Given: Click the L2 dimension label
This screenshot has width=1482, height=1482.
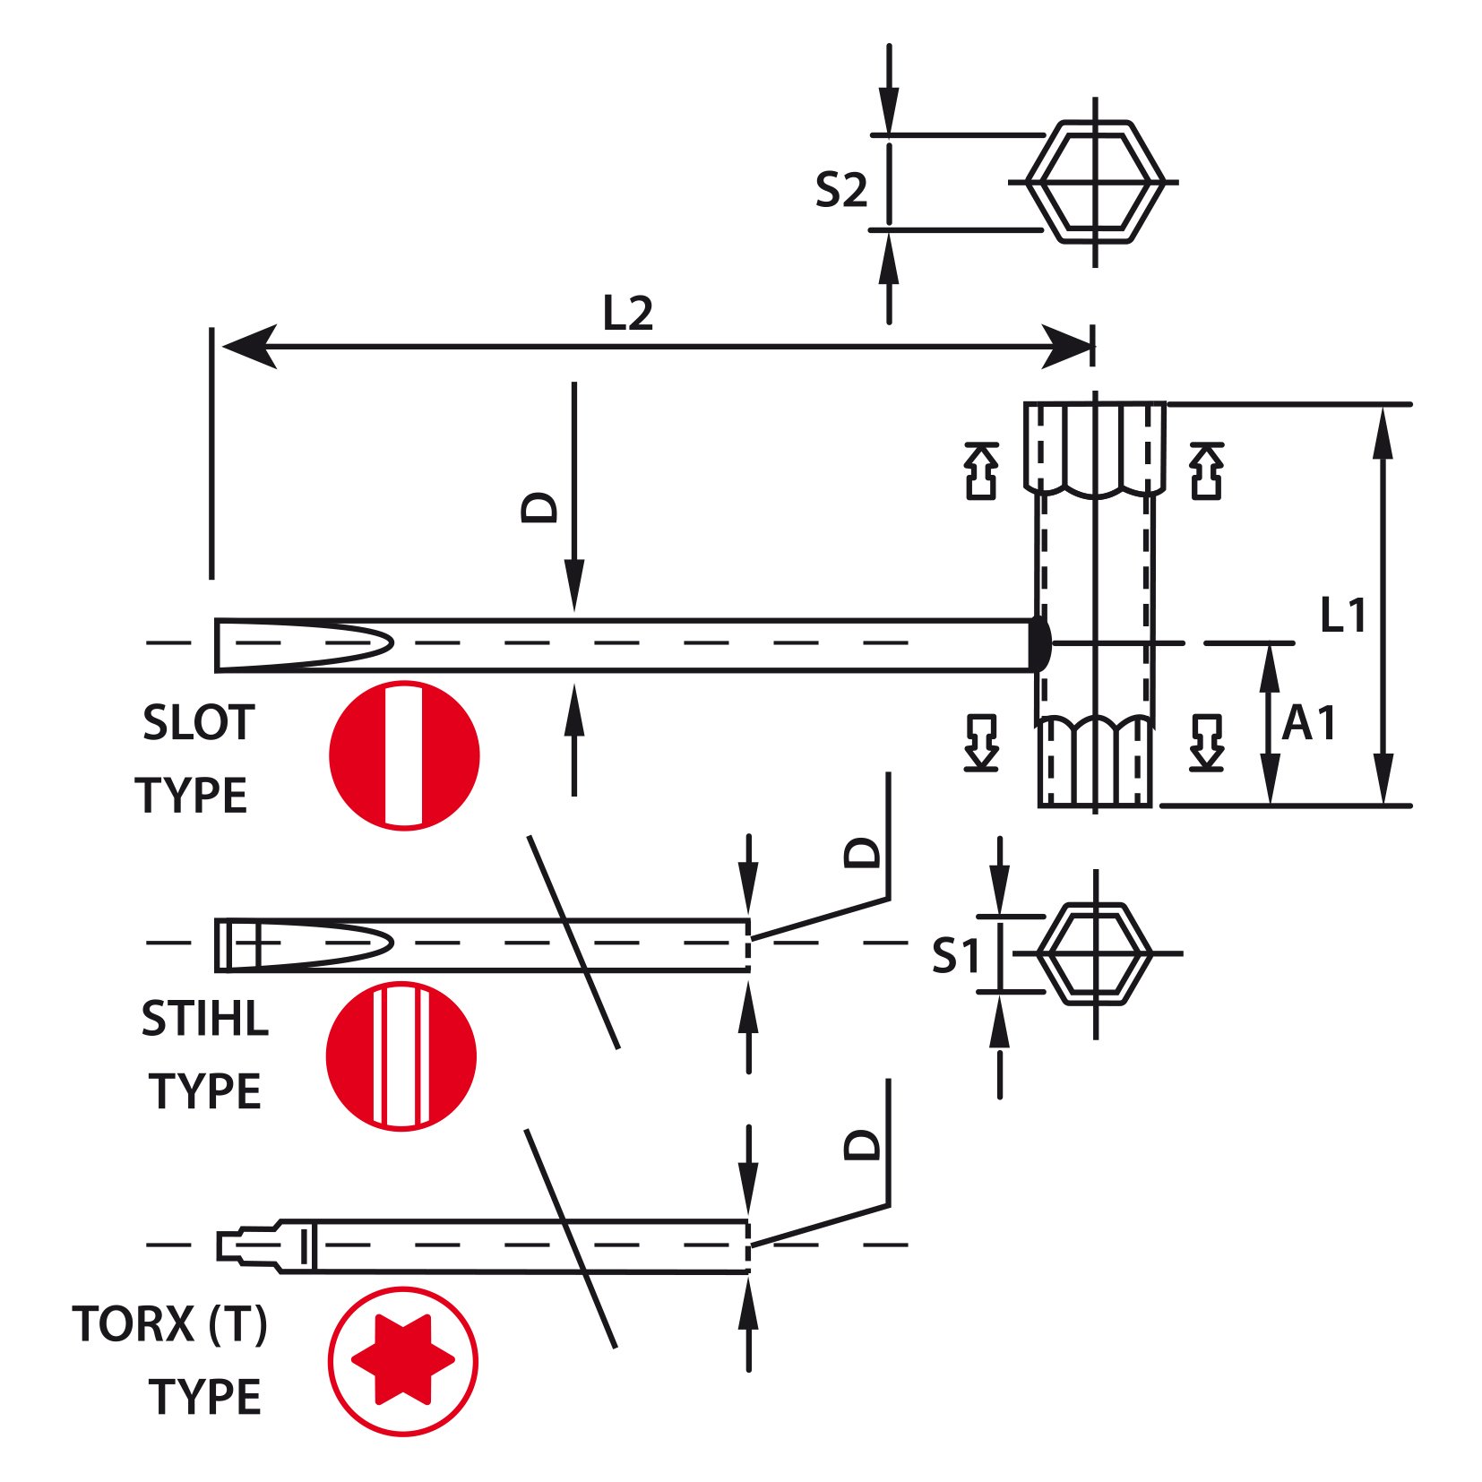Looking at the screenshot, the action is (x=627, y=314).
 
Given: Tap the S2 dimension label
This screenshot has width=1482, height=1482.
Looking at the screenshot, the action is (x=841, y=190).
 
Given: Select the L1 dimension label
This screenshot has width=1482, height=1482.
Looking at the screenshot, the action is (x=1343, y=615).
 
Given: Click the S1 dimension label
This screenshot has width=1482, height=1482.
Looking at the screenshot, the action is (x=956, y=955).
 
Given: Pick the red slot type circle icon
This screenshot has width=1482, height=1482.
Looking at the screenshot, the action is (x=404, y=755).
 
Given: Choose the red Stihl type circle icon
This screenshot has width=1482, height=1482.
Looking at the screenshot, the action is (x=401, y=1055).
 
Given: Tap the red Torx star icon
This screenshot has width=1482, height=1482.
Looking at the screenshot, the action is (x=402, y=1359).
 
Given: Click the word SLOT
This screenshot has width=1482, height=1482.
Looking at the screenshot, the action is (x=199, y=722).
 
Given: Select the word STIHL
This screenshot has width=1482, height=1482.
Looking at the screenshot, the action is (x=204, y=1019).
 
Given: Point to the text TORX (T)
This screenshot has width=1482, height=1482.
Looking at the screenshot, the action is (x=170, y=1324).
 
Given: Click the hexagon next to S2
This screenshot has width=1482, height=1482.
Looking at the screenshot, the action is (x=1095, y=182).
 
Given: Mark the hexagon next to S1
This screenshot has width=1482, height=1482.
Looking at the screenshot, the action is (x=1095, y=953).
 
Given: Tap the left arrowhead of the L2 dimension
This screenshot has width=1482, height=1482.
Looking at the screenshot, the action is (x=249, y=346).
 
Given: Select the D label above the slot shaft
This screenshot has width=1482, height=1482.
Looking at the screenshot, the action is (x=539, y=507).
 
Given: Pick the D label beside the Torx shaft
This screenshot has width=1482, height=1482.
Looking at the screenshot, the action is (x=863, y=1144).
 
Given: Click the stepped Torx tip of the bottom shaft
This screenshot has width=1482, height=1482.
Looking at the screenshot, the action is (x=248, y=1245).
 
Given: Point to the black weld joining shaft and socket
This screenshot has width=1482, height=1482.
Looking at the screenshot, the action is (x=1039, y=642).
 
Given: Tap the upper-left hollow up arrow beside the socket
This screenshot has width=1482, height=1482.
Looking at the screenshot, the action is (x=981, y=470).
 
